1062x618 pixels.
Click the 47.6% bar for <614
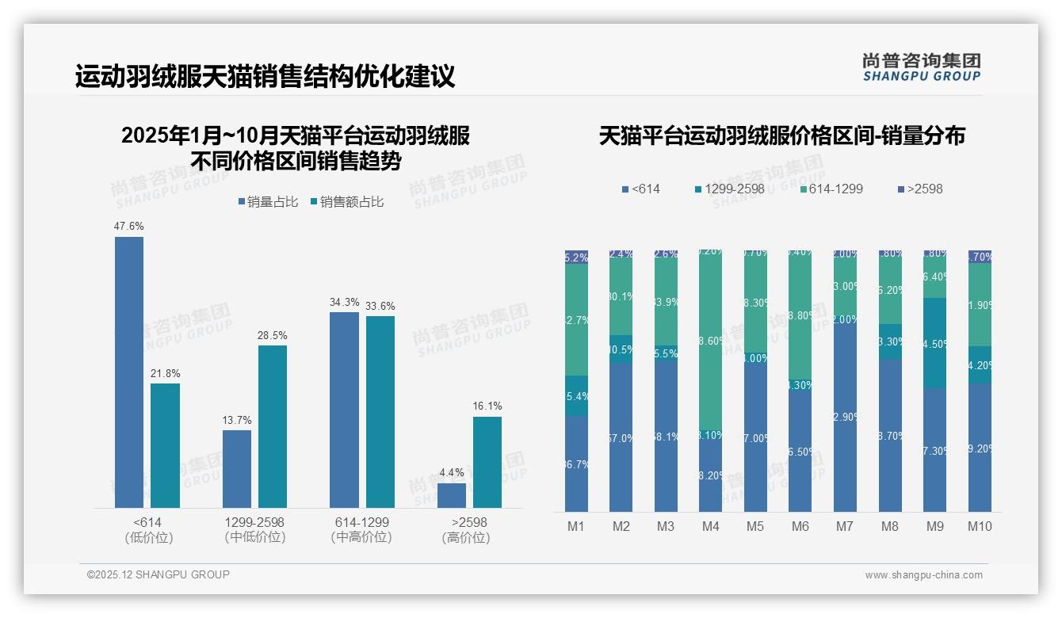pos(129,372)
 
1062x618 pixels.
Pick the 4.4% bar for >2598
pos(452,495)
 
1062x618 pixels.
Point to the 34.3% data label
pos(345,303)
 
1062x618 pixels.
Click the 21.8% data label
pos(166,374)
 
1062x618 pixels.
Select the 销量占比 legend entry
pos(268,202)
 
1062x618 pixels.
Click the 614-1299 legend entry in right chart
pos(831,189)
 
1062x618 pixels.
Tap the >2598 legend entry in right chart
pos(920,189)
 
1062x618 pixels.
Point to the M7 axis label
pos(845,527)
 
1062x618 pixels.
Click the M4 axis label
pos(710,527)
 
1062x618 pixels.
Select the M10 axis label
pos(980,527)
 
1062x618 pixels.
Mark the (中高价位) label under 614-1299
pos(361,537)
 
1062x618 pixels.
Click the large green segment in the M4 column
pos(710,341)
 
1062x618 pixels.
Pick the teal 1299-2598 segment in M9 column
pos(934,343)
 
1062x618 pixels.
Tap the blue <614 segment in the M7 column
pos(845,416)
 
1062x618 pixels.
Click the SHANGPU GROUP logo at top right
pos(922,67)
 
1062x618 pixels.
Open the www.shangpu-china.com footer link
pos(923,575)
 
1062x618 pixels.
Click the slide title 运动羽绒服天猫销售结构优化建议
pos(265,77)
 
